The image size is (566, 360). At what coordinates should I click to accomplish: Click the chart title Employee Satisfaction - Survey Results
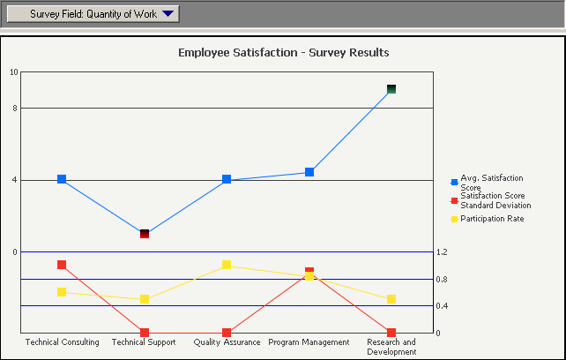click(283, 52)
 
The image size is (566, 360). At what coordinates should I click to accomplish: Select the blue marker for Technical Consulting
click(62, 179)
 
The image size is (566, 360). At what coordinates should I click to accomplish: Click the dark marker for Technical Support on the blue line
click(145, 233)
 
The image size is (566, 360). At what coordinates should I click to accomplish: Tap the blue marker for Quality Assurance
click(227, 179)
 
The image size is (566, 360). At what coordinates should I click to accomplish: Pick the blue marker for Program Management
click(309, 172)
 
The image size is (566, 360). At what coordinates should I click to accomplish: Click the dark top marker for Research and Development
click(391, 89)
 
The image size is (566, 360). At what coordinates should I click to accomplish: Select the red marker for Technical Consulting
click(62, 265)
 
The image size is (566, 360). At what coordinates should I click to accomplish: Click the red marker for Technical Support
click(145, 333)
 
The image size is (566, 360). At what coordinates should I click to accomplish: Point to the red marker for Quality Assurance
click(227, 333)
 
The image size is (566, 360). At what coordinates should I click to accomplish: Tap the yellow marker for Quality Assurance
click(227, 265)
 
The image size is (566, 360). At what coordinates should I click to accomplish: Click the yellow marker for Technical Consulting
click(62, 292)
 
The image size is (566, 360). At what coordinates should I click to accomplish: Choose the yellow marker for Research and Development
click(391, 299)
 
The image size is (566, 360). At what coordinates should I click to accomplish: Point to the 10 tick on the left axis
click(13, 72)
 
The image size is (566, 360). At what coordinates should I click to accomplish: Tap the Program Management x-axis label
click(309, 342)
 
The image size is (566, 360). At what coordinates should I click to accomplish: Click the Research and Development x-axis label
click(391, 347)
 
